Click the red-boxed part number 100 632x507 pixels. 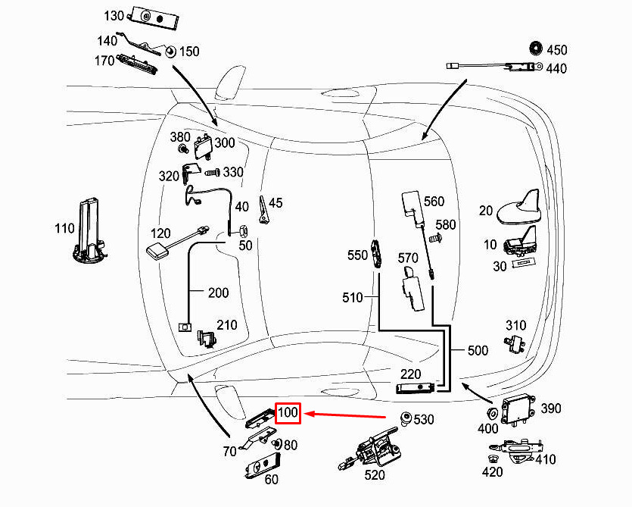pyautogui.click(x=288, y=413)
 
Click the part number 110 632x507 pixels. pyautogui.click(x=64, y=228)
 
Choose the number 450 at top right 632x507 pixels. pyautogui.click(x=556, y=50)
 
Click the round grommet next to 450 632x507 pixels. pyautogui.click(x=535, y=49)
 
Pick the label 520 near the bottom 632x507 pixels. pyautogui.click(x=374, y=475)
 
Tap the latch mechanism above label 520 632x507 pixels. pyautogui.click(x=373, y=449)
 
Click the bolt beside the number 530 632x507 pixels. pyautogui.click(x=406, y=418)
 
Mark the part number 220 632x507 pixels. pyautogui.click(x=410, y=374)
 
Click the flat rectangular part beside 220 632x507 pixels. pyautogui.click(x=417, y=389)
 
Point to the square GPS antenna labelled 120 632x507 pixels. pyautogui.click(x=157, y=251)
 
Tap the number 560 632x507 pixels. pyautogui.click(x=434, y=202)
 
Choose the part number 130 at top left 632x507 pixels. pyautogui.click(x=114, y=15)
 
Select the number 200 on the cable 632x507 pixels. pyautogui.click(x=219, y=293)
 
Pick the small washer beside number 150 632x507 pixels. pyautogui.click(x=170, y=52)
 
